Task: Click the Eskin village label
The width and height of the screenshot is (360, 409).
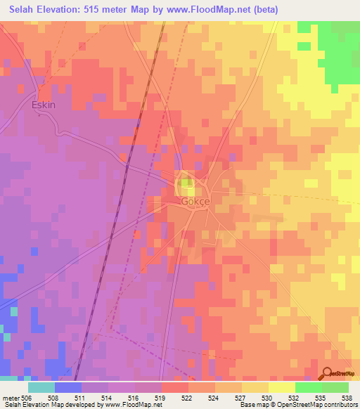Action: click(x=44, y=105)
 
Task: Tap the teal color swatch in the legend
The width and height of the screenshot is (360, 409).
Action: click(x=41, y=387)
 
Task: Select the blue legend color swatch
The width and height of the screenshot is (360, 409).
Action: click(x=68, y=387)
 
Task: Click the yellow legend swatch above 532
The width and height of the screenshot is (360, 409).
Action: click(x=282, y=387)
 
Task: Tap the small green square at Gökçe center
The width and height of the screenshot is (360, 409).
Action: click(x=185, y=185)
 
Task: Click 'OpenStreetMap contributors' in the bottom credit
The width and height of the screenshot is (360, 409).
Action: click(x=316, y=405)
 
